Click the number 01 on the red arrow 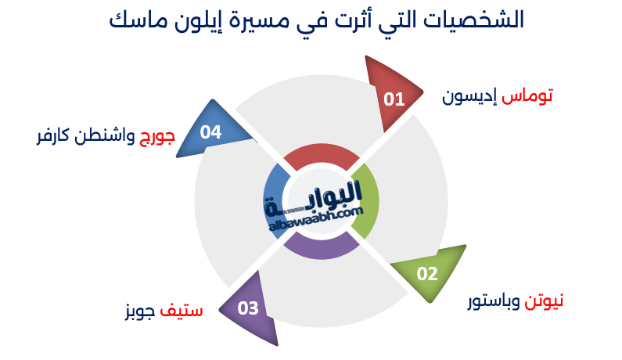tap(394, 99)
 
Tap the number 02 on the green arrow tap(427, 274)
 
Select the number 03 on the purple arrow tap(248, 308)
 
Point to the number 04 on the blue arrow tap(211, 132)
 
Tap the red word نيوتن tap(544, 301)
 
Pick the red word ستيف tap(182, 311)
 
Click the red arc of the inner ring tap(321, 157)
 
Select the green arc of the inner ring tap(365, 202)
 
